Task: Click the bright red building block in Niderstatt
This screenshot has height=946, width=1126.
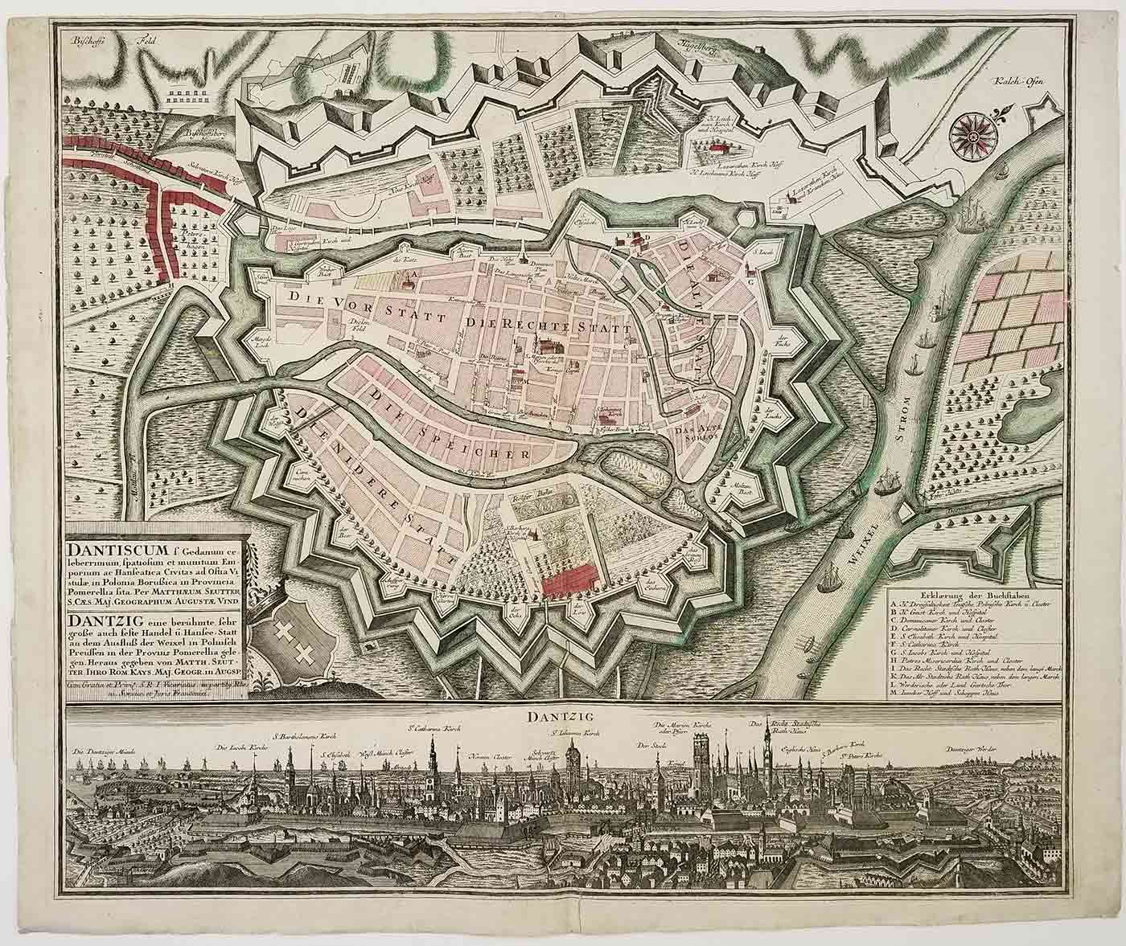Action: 569,579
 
